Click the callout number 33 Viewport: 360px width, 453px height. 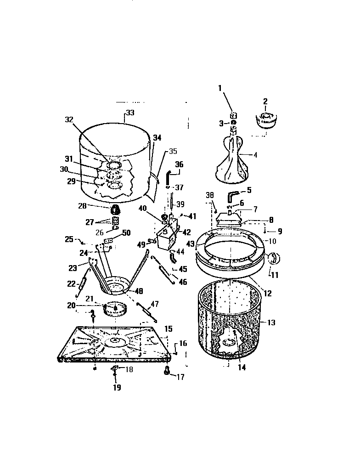(x=130, y=112)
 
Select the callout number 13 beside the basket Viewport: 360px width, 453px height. (x=271, y=323)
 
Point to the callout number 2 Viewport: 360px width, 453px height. (x=265, y=101)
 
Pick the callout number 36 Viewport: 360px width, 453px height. (x=179, y=164)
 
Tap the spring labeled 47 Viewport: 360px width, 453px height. (x=147, y=313)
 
